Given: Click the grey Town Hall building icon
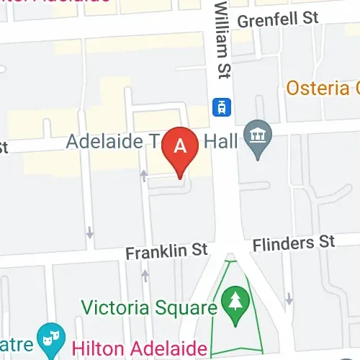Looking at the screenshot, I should click(256, 133).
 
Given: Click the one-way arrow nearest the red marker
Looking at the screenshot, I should click(144, 175).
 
